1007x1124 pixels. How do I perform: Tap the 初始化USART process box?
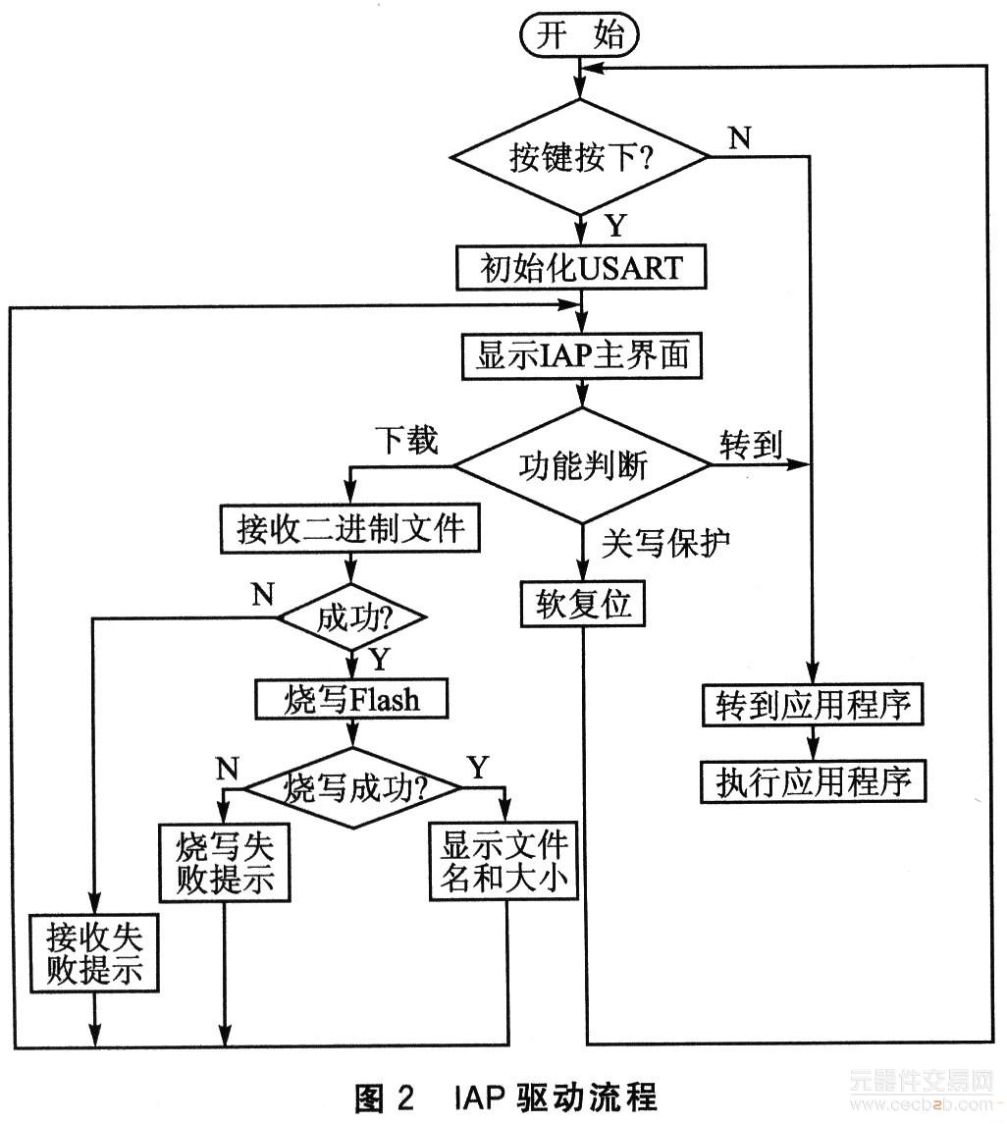[582, 267]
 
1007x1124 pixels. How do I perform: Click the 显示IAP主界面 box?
[582, 356]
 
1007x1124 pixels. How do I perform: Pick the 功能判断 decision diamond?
[582, 465]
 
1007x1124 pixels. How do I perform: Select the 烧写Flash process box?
[351, 699]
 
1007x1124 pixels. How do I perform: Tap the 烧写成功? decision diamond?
[352, 787]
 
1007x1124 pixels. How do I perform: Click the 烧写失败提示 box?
[225, 861]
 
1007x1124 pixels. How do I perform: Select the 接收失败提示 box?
[95, 951]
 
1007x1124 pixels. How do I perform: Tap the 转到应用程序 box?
[814, 706]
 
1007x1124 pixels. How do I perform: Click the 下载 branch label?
[404, 442]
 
